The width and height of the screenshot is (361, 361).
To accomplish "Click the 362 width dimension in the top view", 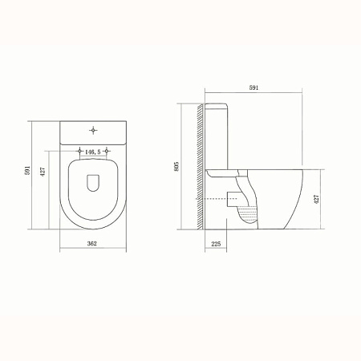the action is [92, 243].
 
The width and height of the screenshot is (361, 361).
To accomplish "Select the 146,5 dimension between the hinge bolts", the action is [93, 152].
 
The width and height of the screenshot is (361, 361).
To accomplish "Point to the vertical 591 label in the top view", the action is [27, 170].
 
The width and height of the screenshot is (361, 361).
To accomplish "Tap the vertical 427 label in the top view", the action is [43, 172].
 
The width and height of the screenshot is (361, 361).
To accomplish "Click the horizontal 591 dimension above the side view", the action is [254, 87].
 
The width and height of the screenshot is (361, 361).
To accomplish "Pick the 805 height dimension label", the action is [176, 166].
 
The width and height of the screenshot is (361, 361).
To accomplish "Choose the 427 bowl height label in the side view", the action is [316, 199].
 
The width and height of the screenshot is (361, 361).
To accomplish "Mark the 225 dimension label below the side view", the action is [216, 244].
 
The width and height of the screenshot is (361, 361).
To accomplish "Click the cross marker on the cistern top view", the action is [93, 131].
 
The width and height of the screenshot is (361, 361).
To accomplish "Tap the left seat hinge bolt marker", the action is [79, 151].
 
